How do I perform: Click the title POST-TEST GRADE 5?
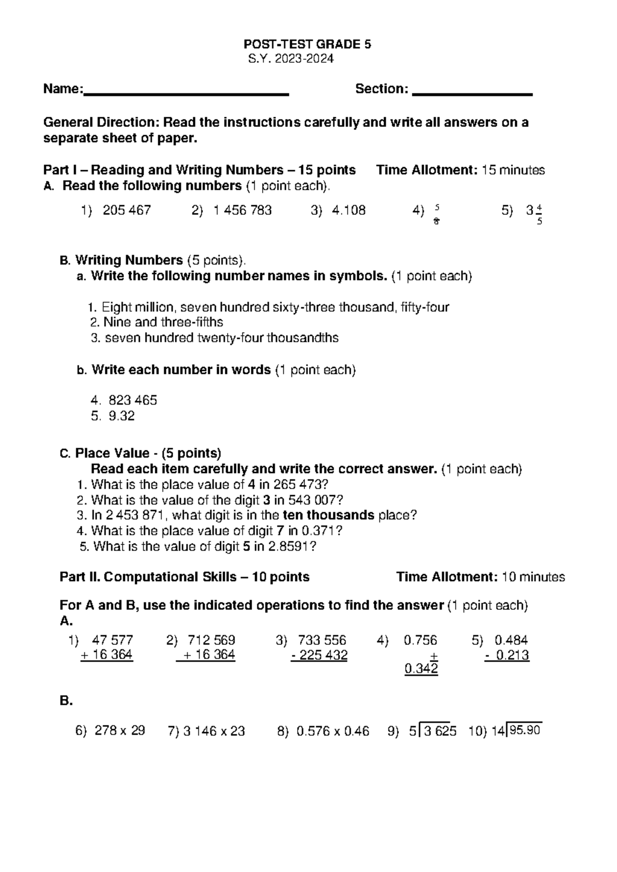point(307,44)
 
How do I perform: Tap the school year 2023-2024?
point(291,59)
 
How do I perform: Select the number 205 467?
point(126,210)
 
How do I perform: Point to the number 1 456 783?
point(242,210)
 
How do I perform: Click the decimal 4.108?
point(349,210)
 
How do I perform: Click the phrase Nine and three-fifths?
point(163,322)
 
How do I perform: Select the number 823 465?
point(133,400)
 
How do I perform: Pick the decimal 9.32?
point(122,416)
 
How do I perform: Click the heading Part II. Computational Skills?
point(185,577)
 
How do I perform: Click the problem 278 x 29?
point(119,731)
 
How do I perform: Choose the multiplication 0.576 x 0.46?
point(333,731)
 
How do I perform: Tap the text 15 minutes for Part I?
point(513,170)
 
